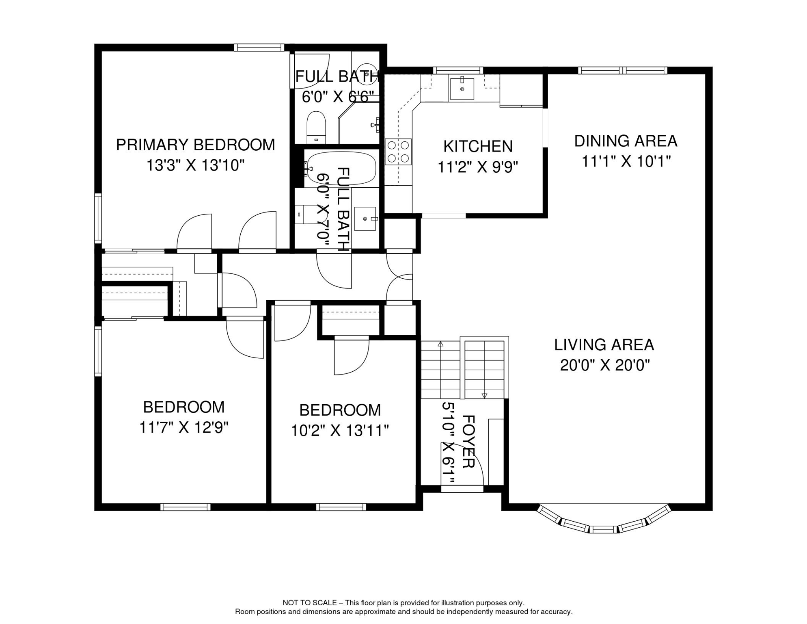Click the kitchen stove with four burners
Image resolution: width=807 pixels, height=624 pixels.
(x=398, y=152)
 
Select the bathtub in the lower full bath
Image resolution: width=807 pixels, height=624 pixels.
(x=341, y=168)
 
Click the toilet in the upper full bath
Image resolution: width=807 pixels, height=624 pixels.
(x=316, y=127)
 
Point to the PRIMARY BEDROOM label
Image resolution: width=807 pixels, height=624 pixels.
(x=195, y=145)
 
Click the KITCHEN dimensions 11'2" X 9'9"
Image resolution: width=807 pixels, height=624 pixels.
(x=478, y=167)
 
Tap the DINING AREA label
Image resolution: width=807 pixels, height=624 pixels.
(x=625, y=141)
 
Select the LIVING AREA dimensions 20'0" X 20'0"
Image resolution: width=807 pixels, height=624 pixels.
(x=604, y=365)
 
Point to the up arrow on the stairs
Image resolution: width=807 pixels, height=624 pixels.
(x=440, y=344)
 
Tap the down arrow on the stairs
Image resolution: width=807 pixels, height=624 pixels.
(x=484, y=395)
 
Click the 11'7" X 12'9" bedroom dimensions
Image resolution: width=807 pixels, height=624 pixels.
(x=184, y=427)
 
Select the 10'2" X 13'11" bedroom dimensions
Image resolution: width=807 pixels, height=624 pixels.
(x=340, y=431)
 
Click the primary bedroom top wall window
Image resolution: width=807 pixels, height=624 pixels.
(x=259, y=48)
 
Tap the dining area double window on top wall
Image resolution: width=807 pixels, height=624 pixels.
(x=622, y=71)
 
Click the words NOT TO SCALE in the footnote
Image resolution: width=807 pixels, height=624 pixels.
(x=309, y=603)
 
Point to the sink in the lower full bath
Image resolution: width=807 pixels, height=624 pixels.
(x=365, y=219)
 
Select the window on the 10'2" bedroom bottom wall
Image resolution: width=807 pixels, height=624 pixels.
(x=341, y=507)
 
